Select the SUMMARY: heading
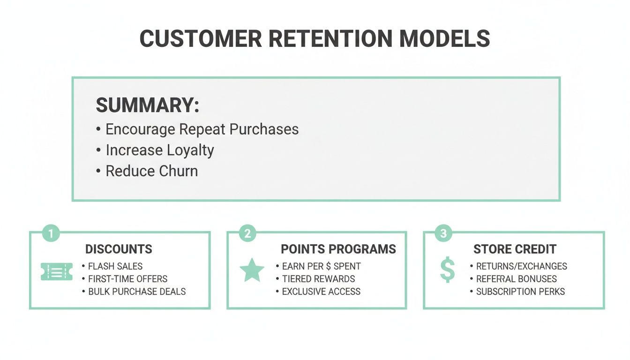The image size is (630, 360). click(147, 105)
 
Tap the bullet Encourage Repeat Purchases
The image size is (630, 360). click(202, 129)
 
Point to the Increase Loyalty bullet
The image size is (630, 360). click(159, 150)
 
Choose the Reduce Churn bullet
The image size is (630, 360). click(151, 171)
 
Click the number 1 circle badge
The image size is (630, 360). click(51, 233)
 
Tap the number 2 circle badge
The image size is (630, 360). click(247, 233)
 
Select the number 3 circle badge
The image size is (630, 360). click(444, 233)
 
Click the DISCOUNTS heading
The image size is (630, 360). click(119, 249)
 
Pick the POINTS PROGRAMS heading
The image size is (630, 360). click(338, 249)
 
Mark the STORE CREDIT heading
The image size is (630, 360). click(515, 249)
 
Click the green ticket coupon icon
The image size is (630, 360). click(57, 271)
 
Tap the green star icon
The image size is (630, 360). click(252, 270)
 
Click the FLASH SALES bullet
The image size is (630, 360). click(115, 266)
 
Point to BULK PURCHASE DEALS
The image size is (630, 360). click(137, 292)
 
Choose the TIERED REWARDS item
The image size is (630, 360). click(318, 279)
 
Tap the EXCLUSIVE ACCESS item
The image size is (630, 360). click(321, 292)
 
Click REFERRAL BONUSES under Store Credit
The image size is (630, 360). click(516, 279)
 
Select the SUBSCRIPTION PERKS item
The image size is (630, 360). click(520, 292)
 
